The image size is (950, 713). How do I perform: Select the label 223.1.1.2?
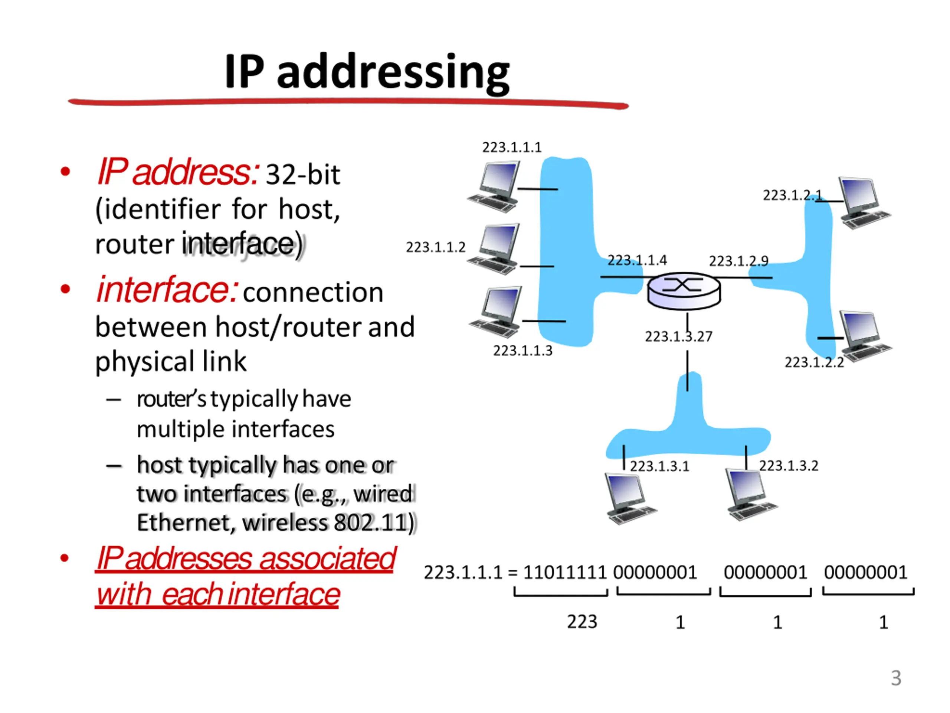tap(436, 247)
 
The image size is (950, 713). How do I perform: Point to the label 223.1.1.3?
tap(522, 351)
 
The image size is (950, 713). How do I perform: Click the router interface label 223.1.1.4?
tap(637, 260)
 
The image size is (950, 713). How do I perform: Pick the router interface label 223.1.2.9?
tap(738, 261)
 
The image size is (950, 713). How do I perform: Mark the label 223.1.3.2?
tap(789, 465)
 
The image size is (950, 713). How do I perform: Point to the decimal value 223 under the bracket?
tap(582, 621)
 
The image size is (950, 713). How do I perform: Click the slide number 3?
tap(896, 678)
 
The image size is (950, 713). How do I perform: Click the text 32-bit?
tap(303, 175)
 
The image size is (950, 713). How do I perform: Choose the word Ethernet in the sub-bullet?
tap(185, 522)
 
